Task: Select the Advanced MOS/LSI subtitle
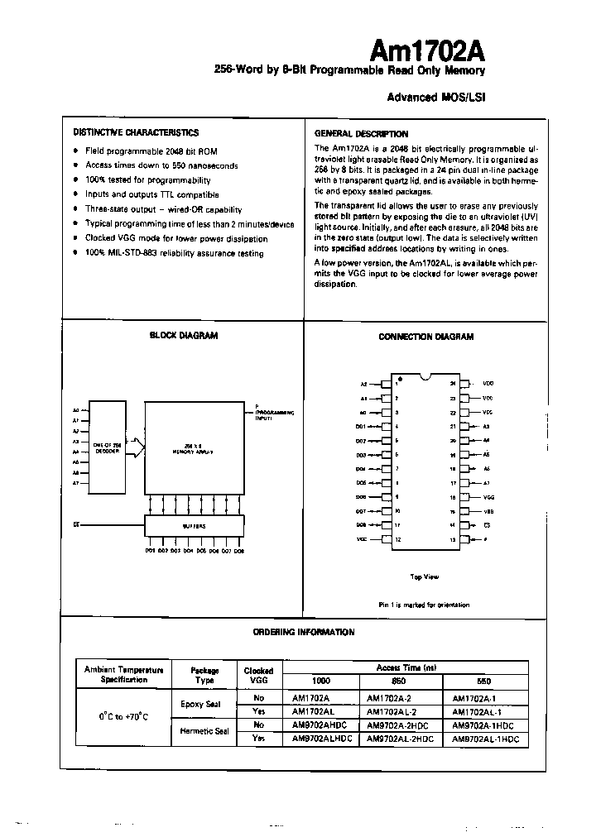coord(435,97)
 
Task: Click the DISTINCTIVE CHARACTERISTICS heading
coord(136,132)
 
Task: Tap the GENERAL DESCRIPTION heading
coord(361,134)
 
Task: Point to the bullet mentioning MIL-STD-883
coord(174,253)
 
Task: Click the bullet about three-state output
coord(163,209)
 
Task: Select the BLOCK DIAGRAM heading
coord(183,336)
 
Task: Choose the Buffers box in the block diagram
coord(194,525)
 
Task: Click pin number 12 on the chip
coord(398,539)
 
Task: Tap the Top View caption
coord(425,576)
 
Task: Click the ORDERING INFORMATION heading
coord(303,632)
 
